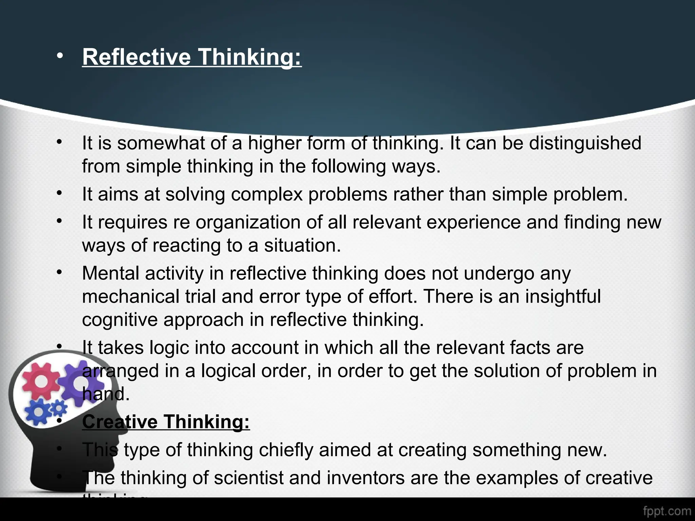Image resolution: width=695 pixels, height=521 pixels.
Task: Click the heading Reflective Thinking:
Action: click(192, 57)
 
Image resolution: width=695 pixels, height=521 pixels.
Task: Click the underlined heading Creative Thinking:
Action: click(166, 422)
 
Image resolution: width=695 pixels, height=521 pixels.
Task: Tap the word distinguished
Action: click(585, 143)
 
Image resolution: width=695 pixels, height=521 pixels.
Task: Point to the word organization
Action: click(248, 222)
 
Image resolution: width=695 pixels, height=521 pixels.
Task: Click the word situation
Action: click(302, 245)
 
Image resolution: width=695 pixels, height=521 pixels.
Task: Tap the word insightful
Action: click(563, 296)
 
